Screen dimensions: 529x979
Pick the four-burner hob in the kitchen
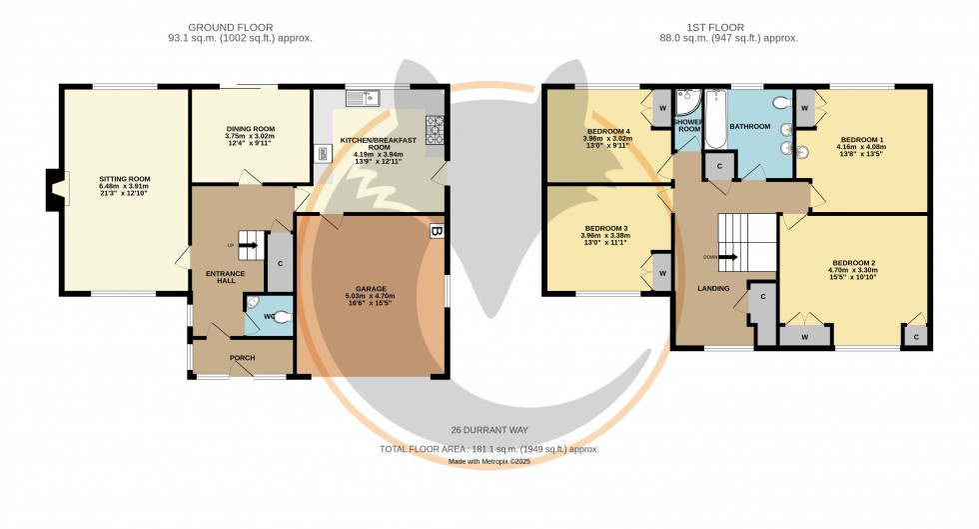tap(436, 129)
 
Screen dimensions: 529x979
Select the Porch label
tap(243, 358)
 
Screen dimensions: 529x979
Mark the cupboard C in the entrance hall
tap(280, 264)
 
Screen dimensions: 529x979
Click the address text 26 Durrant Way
tap(489, 429)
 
